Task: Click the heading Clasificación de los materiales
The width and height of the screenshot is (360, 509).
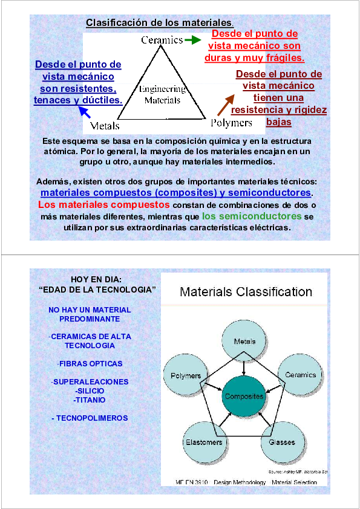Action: tap(159, 23)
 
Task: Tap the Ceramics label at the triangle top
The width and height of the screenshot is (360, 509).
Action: tap(162, 40)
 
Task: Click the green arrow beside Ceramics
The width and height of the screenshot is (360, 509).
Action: tap(192, 40)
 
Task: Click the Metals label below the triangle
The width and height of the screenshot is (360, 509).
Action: tap(105, 126)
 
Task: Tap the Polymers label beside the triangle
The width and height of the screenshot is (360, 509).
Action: tap(231, 123)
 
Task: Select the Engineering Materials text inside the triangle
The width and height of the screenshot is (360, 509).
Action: tap(162, 94)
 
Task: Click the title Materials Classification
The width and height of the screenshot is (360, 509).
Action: tap(246, 293)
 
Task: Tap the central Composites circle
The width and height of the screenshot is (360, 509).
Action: tap(244, 397)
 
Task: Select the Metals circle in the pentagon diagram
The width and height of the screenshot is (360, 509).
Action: tap(244, 341)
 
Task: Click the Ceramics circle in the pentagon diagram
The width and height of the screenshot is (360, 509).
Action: tap(300, 375)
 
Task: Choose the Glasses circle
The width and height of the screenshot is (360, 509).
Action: tap(281, 442)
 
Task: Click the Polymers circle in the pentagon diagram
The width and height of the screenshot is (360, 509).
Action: tap(186, 375)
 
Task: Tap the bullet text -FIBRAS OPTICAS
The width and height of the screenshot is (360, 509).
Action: tap(90, 364)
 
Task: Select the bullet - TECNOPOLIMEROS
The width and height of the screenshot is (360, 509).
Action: tap(90, 418)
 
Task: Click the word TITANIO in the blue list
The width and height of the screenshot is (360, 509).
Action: tap(90, 400)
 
